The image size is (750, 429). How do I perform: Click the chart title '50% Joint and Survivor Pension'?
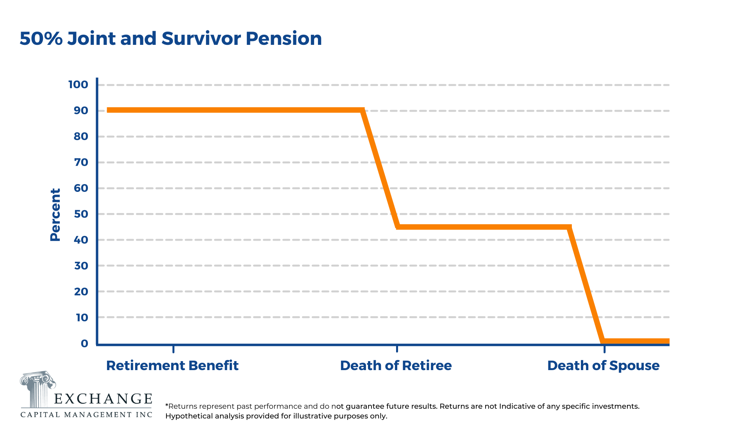click(x=171, y=39)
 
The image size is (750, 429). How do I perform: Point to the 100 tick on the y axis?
click(x=78, y=85)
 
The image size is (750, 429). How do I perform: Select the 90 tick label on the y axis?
click(x=81, y=111)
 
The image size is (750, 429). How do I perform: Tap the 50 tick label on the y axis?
click(x=81, y=214)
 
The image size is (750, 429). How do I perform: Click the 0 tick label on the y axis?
click(x=84, y=344)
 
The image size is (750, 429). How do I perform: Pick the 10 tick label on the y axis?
click(x=82, y=318)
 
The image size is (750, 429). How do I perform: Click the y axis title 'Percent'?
click(x=55, y=215)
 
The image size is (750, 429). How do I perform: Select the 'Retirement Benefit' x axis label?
click(x=172, y=366)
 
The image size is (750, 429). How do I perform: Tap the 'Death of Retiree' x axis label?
click(x=396, y=366)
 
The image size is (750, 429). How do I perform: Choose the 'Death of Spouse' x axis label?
click(x=603, y=366)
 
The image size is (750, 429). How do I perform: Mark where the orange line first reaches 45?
click(x=398, y=227)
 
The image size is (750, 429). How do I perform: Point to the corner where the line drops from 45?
click(x=570, y=227)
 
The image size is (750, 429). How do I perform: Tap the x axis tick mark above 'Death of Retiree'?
click(x=397, y=348)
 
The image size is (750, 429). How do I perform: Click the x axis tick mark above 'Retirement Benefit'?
click(x=173, y=348)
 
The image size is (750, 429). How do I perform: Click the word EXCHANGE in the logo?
click(x=103, y=399)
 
